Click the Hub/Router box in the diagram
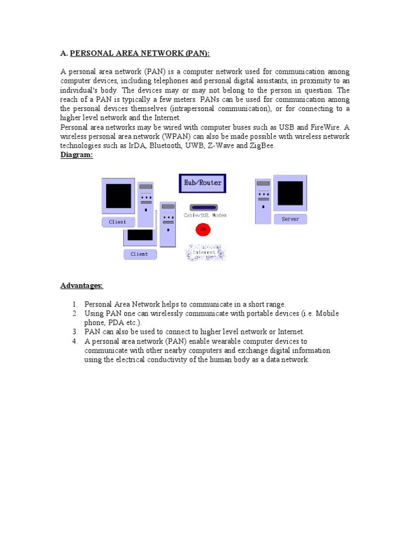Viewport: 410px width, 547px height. tap(202, 183)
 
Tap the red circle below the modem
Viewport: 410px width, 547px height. tap(203, 229)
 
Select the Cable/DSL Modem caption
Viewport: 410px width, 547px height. tap(205, 215)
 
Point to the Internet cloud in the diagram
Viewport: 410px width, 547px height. tap(205, 252)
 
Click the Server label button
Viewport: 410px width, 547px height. tap(290, 219)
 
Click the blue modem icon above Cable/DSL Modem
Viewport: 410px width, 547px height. tap(203, 207)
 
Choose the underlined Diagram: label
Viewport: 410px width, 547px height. tap(77, 155)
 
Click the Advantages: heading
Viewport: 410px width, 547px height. tap(81, 286)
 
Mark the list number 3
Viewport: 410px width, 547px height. tap(75, 332)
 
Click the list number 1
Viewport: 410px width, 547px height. tap(75, 304)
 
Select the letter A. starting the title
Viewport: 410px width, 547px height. tap(64, 53)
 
